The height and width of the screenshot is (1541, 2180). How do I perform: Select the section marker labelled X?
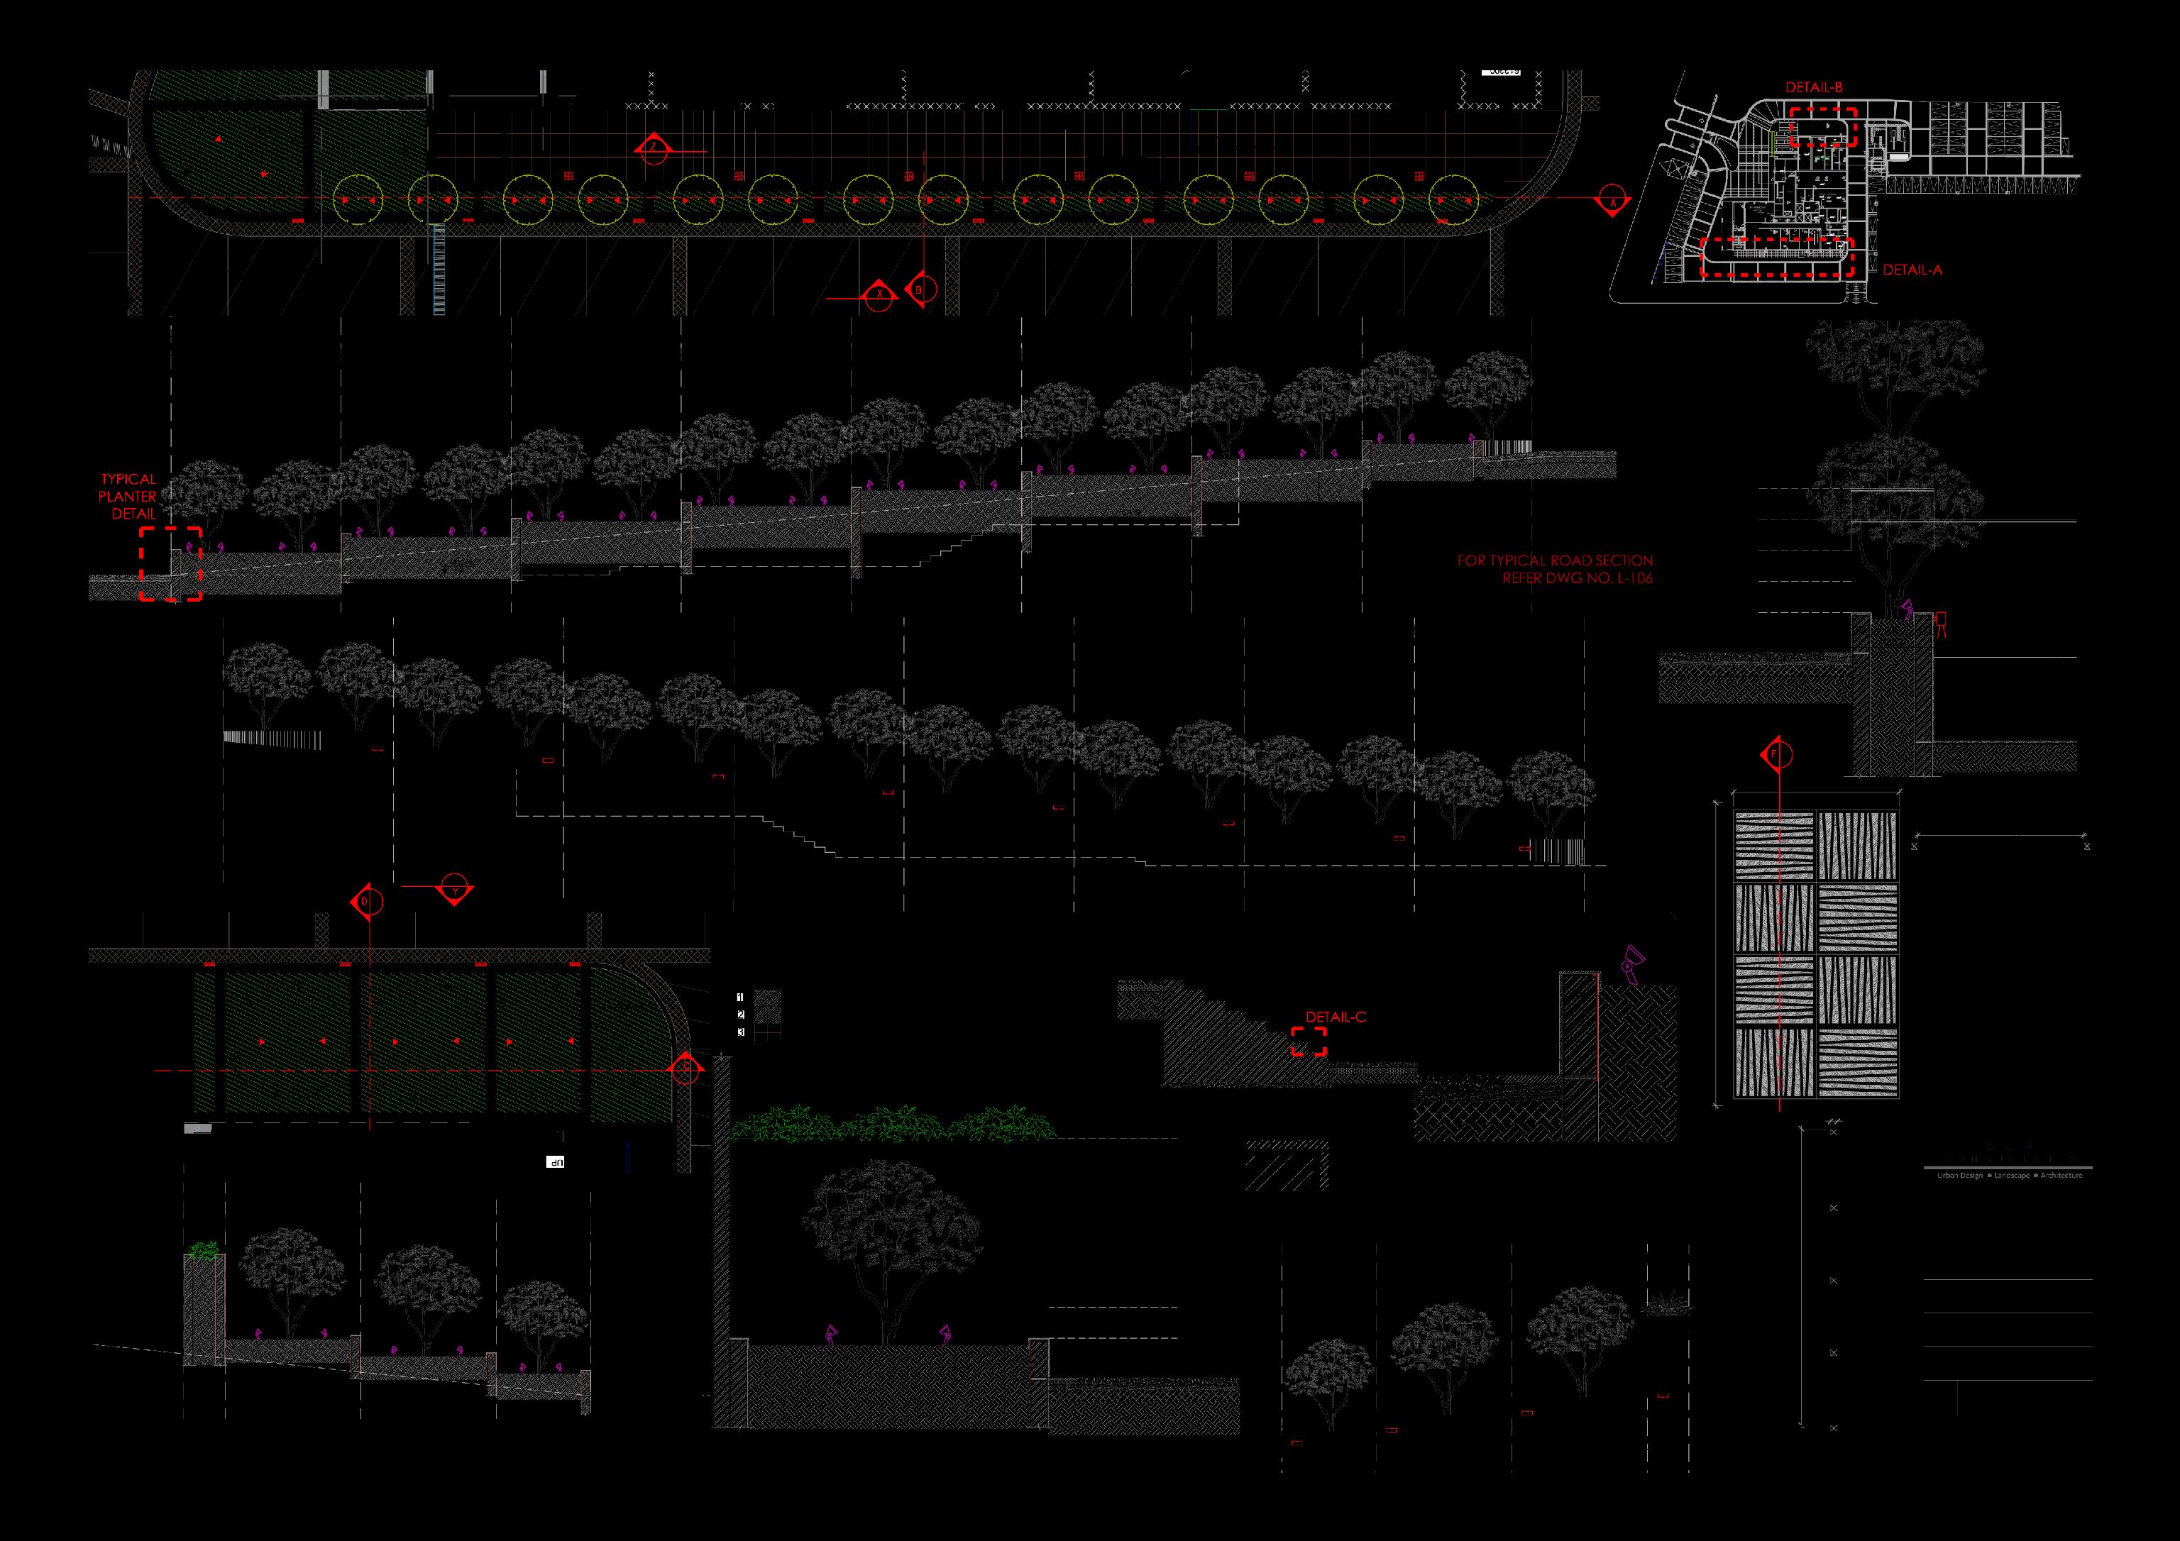pos(880,295)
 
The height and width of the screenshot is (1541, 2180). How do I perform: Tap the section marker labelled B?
pos(920,287)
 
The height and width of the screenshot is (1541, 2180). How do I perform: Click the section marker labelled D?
pos(368,901)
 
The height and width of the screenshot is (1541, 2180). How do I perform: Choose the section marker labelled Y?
pos(456,890)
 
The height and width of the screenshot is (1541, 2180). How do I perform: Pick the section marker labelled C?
pos(686,1069)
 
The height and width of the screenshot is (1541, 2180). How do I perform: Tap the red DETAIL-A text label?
pos(1912,270)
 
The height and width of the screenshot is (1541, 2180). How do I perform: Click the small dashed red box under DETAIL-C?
pos(1309,1041)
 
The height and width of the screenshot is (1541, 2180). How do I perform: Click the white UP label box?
pos(556,1161)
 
